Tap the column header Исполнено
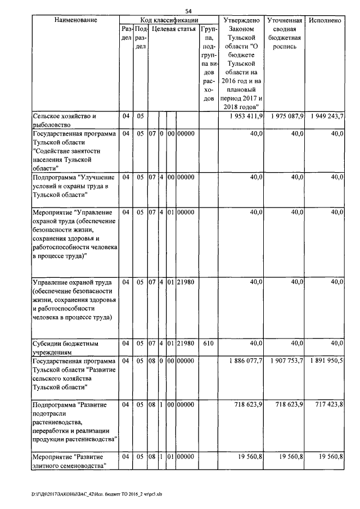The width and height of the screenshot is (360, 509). [326, 20]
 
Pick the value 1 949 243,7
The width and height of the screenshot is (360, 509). [326, 116]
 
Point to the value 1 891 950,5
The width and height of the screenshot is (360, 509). [326, 361]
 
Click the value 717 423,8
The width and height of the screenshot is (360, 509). [328, 404]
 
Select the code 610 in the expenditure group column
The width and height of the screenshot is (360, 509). [208, 343]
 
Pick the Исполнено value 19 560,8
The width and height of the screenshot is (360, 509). [328, 456]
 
